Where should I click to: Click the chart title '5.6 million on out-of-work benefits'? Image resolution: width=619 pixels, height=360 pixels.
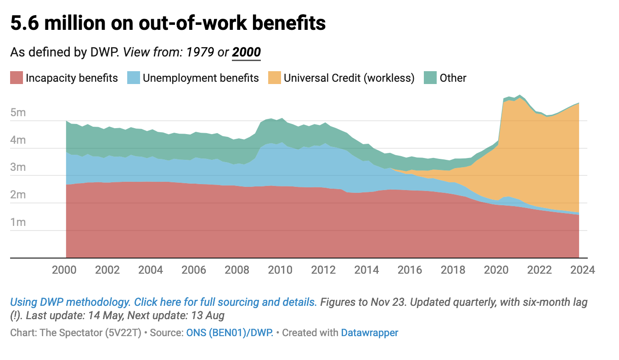(168, 23)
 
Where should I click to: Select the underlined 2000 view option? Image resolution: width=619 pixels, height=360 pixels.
(246, 52)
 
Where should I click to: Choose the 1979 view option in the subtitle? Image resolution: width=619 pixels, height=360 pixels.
(200, 52)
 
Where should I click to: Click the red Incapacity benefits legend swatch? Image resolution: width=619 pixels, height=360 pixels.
(16, 78)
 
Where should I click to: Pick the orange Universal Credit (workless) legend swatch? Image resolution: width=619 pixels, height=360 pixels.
(274, 78)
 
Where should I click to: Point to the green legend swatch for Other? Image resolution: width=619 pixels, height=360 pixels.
(430, 78)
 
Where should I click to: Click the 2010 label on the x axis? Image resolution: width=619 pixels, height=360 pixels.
(280, 270)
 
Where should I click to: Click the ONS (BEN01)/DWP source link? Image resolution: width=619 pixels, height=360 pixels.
(230, 332)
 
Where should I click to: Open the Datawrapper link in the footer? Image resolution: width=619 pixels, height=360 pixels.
(369, 332)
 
